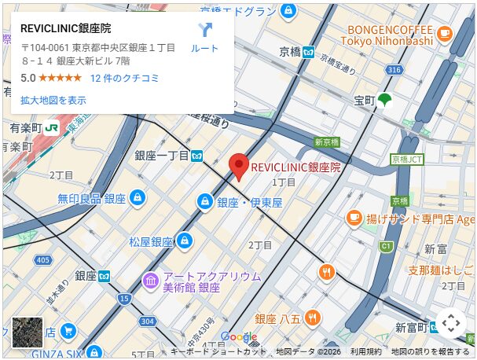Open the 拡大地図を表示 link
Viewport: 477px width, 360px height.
pyautogui.click(x=53, y=100)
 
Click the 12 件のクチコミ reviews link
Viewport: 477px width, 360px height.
pyautogui.click(x=124, y=78)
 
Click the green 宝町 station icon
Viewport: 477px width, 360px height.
pyautogui.click(x=383, y=100)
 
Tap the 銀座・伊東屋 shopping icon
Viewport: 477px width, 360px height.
pyautogui.click(x=204, y=202)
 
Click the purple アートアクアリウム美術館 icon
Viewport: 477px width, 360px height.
pyautogui.click(x=150, y=281)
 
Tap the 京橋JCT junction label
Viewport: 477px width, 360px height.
pyautogui.click(x=406, y=159)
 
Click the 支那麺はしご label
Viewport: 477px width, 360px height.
pyautogui.click(x=440, y=271)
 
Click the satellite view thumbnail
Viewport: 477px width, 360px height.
pyautogui.click(x=28, y=332)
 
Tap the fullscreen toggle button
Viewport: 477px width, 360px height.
pyautogui.click(x=450, y=323)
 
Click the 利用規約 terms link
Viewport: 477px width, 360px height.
pyautogui.click(x=365, y=351)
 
